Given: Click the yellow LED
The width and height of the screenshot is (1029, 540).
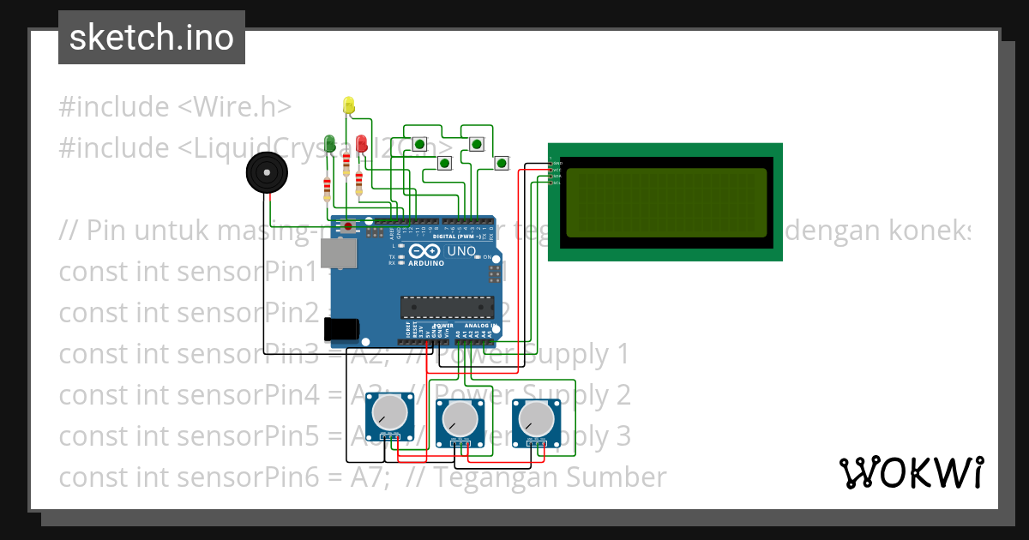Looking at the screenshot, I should pos(348,105).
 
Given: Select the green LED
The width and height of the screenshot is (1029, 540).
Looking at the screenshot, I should pos(329,142).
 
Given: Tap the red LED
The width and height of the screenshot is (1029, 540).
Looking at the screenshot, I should pos(361,143).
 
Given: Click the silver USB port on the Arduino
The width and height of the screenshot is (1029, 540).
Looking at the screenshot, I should pos(335,253).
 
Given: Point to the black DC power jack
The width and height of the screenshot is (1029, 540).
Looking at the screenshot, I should pos(343,327).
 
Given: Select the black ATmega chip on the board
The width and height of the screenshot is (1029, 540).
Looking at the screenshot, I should pos(447,307).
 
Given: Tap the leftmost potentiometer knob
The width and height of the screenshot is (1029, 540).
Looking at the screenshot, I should pos(391,413).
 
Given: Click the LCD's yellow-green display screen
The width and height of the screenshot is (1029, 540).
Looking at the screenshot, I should pos(665,202).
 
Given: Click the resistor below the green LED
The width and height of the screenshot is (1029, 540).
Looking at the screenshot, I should pos(327,188).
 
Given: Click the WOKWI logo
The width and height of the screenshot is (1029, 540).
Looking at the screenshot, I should pos(911,472).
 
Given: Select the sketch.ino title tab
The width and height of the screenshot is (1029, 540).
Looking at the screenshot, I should pos(151,38).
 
